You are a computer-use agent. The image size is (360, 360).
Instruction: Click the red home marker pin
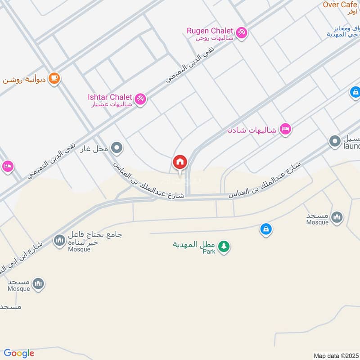(180, 162)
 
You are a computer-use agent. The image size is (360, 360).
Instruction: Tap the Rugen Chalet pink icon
(242, 33)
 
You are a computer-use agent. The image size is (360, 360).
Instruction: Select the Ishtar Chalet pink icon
(140, 99)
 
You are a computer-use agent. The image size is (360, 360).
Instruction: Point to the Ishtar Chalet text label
(110, 97)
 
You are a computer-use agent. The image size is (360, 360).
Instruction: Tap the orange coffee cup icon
(54, 78)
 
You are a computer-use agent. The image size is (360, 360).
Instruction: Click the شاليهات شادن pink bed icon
(285, 129)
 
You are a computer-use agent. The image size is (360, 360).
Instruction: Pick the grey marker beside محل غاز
(117, 148)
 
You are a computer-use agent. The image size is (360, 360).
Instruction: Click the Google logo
(19, 353)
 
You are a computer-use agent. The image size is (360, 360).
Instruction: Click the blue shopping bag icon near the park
(266, 229)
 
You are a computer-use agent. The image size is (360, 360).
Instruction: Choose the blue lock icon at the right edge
(355, 93)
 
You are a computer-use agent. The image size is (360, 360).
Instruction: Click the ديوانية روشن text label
(25, 80)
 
